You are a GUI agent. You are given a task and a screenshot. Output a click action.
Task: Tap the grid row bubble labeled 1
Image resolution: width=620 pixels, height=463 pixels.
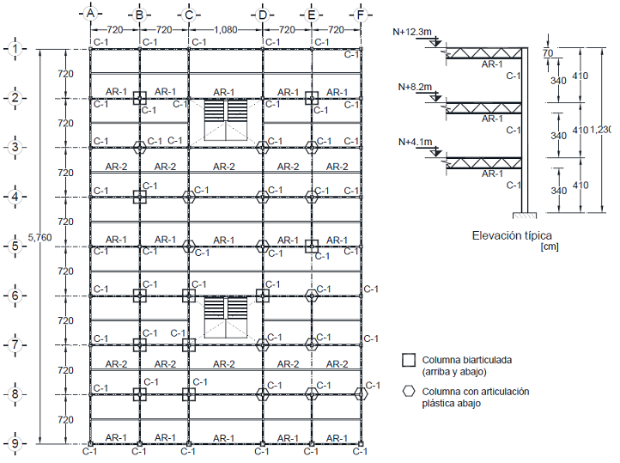click(16, 49)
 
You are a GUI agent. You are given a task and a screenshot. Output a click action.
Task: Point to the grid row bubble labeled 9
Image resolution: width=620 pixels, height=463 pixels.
click(16, 443)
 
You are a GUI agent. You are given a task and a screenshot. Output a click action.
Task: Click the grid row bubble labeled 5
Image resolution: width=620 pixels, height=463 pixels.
click(16, 247)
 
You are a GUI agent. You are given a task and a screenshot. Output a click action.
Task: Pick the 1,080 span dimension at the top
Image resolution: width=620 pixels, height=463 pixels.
click(225, 29)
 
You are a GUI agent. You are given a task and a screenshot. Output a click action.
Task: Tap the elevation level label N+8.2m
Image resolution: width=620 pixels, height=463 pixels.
click(416, 87)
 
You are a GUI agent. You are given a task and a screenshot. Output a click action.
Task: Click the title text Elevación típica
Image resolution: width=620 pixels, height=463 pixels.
click(512, 234)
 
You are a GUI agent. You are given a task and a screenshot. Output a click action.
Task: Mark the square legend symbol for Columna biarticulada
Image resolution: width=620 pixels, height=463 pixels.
click(410, 360)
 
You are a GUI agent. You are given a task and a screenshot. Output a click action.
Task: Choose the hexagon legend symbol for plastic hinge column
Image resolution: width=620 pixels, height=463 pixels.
click(410, 391)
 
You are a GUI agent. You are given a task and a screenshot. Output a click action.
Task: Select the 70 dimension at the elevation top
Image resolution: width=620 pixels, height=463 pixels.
click(548, 53)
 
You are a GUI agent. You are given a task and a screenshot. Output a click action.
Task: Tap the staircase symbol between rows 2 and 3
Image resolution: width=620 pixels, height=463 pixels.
click(225, 121)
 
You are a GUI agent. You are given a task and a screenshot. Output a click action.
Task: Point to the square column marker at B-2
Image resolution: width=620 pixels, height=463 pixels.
click(139, 98)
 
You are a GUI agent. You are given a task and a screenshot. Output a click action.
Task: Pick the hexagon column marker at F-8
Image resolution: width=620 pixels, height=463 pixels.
click(361, 394)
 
